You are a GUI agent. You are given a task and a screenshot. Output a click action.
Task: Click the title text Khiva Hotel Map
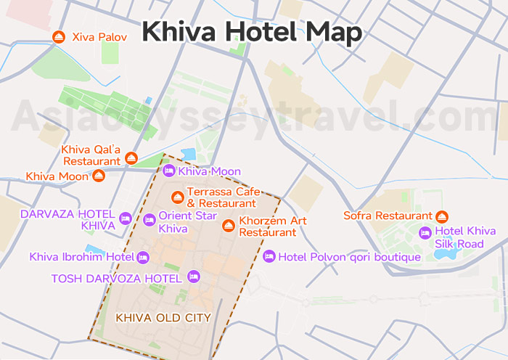[251, 31]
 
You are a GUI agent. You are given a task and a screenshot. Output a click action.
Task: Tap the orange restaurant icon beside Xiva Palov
[59, 37]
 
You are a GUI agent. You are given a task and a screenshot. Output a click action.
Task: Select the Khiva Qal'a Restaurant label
[91, 155]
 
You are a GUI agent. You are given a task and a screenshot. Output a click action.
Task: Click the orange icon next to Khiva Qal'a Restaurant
[131, 157]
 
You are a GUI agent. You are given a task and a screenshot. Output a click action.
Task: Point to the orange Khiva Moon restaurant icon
[99, 176]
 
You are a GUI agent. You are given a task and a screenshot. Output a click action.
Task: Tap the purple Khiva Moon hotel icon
[168, 171]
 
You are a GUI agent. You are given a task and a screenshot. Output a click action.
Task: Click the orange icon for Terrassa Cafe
[177, 197]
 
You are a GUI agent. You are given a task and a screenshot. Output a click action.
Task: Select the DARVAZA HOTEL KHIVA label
[67, 220]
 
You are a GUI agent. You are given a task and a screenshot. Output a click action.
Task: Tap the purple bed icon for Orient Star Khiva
[148, 219]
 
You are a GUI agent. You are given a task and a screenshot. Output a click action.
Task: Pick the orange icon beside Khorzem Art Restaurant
[229, 226]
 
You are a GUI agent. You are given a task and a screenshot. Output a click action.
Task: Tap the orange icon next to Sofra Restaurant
[442, 216]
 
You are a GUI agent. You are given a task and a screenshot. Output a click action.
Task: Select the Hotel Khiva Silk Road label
[465, 237]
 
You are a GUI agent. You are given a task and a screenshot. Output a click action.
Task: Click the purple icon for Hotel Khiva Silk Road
[425, 232]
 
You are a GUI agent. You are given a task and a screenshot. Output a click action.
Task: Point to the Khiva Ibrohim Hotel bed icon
[143, 257]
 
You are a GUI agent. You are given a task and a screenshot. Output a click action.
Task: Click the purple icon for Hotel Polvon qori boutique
[269, 256]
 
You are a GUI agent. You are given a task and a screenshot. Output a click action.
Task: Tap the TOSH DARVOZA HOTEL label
[116, 278]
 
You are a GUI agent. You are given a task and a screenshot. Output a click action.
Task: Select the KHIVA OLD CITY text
[163, 317]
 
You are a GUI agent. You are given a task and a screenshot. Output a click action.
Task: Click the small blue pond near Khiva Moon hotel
[189, 155]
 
